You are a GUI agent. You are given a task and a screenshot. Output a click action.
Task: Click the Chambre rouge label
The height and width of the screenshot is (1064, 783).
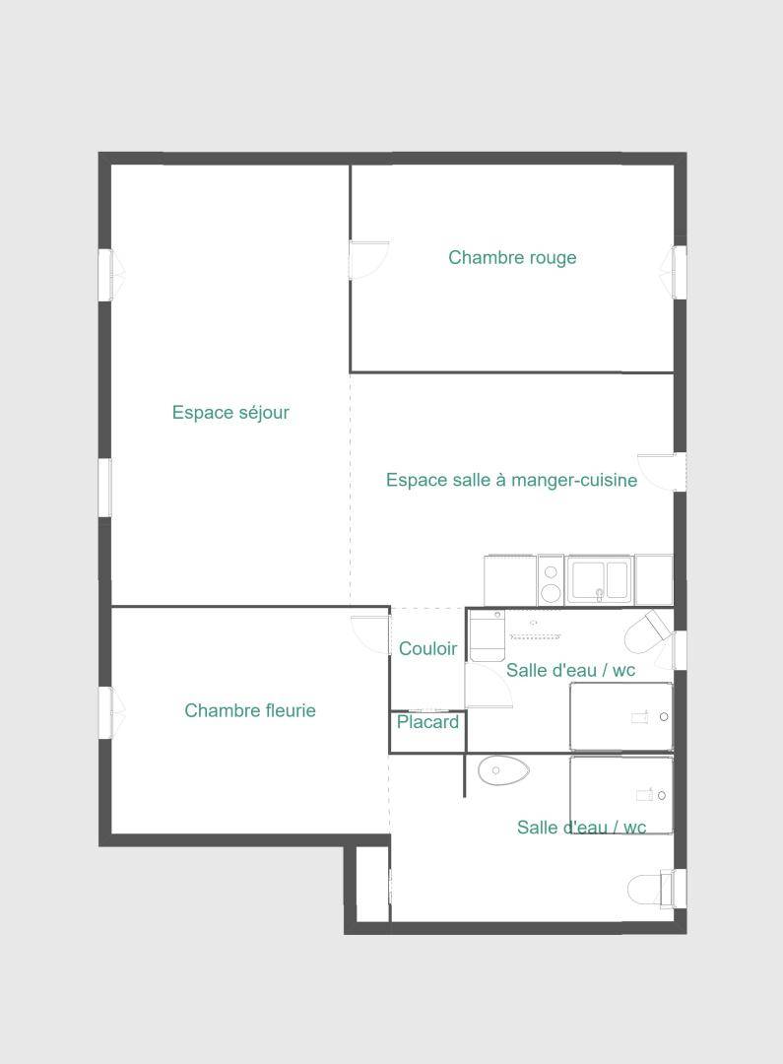point(512,258)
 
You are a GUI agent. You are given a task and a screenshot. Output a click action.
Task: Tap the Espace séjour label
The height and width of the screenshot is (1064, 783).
point(230,413)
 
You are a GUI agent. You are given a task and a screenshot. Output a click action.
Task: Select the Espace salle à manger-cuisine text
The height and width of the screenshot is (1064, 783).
point(511,481)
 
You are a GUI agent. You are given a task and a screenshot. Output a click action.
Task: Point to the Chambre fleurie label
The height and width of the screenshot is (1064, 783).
point(250,710)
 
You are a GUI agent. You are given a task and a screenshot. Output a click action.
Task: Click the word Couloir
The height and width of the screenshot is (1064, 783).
point(427,648)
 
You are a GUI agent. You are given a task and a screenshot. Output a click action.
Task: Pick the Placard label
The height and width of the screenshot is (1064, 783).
point(427,722)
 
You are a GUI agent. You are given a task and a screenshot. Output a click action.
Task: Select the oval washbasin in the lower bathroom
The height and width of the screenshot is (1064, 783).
point(503,771)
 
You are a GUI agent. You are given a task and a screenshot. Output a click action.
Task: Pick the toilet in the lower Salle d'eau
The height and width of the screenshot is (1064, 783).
point(650,889)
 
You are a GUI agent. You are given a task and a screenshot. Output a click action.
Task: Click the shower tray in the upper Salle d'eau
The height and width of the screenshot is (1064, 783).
point(621,716)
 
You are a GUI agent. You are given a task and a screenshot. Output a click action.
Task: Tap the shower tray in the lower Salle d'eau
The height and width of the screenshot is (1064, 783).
point(621,795)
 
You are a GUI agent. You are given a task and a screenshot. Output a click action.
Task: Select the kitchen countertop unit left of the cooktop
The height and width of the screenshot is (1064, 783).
point(510,580)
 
